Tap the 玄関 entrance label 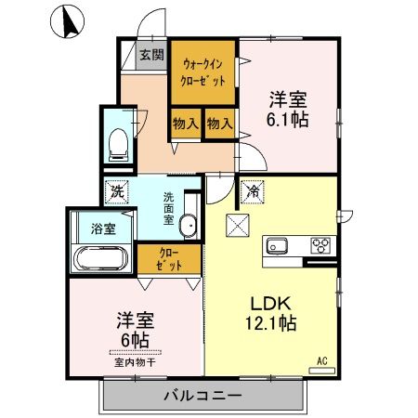point(150,54)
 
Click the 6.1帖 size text point(289,119)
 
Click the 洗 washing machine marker point(117,191)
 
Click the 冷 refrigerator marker point(254,192)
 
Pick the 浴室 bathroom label point(102,228)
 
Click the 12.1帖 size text point(269,324)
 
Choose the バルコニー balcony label point(203,396)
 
